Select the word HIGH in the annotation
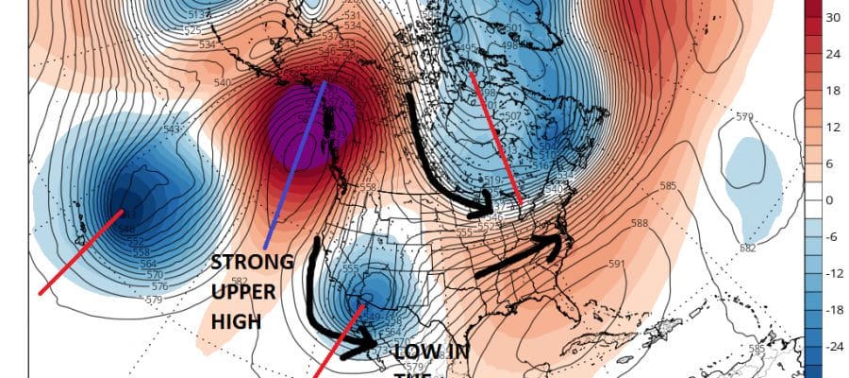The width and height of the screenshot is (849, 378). [x=236, y=323]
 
